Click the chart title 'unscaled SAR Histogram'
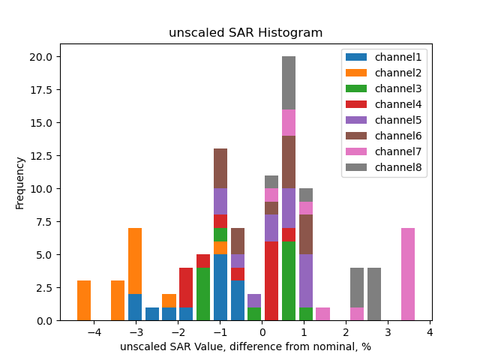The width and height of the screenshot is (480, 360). coord(245,33)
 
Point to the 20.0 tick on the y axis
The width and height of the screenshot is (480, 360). coord(40,57)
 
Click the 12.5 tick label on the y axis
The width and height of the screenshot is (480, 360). coord(40,156)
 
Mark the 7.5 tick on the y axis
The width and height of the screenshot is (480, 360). coord(43,222)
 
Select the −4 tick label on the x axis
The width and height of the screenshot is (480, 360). coord(94,332)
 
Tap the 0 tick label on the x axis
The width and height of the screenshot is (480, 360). coord(262,332)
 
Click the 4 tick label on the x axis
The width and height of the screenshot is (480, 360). coord(430,332)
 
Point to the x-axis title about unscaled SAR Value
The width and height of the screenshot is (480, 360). coord(245,346)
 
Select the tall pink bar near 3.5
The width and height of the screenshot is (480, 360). coord(408,274)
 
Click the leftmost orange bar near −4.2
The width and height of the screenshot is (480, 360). coord(84,301)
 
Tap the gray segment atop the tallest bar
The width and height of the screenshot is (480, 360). coord(289,83)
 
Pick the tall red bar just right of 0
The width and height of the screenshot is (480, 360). coord(271,281)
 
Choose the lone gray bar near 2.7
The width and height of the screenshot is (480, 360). coord(374,294)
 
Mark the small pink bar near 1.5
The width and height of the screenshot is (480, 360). coord(323,314)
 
